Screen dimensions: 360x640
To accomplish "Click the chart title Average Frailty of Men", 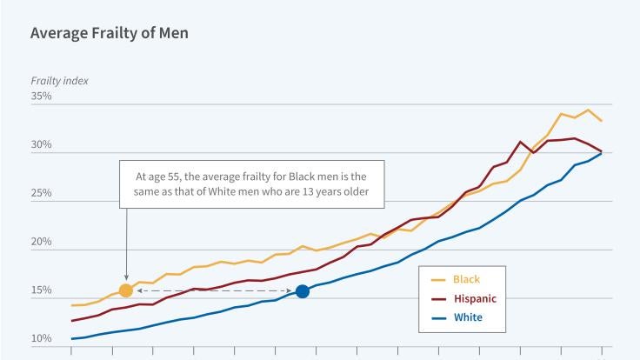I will [x=110, y=34].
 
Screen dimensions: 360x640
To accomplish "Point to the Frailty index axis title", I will [x=59, y=81].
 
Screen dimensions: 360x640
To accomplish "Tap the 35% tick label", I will [x=42, y=97].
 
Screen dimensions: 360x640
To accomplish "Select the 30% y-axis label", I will [x=42, y=145].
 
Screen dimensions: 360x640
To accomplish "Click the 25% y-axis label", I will [x=42, y=194].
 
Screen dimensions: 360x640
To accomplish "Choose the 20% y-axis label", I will [x=42, y=242].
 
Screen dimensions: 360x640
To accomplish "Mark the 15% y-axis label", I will [x=42, y=290].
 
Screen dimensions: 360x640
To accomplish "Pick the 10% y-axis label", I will [x=42, y=338].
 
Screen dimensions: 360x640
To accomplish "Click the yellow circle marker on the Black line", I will [x=125, y=290].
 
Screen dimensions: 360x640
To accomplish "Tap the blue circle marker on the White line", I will [x=303, y=291].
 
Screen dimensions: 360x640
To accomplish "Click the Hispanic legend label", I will [x=476, y=299].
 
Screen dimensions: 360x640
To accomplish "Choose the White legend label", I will [x=468, y=318].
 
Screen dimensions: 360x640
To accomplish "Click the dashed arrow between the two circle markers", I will [x=214, y=290].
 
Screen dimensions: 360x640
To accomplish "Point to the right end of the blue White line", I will [x=601, y=154].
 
